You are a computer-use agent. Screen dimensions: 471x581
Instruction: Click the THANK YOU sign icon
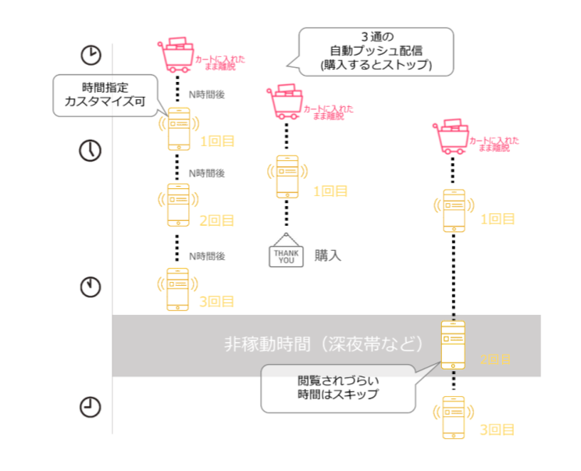[x=285, y=253]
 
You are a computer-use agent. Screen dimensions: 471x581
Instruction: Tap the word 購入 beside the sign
[x=328, y=255]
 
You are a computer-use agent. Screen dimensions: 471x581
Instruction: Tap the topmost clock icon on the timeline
[x=91, y=55]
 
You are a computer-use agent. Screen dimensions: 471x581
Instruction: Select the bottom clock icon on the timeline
[x=91, y=406]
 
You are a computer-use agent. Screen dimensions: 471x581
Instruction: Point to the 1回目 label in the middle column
[x=330, y=191]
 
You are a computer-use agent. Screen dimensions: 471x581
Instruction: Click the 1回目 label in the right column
[x=497, y=219]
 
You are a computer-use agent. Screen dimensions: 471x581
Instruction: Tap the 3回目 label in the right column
[x=497, y=430]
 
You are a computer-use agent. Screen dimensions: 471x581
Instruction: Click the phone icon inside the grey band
[x=453, y=344]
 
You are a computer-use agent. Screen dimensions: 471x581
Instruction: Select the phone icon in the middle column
[x=287, y=177]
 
